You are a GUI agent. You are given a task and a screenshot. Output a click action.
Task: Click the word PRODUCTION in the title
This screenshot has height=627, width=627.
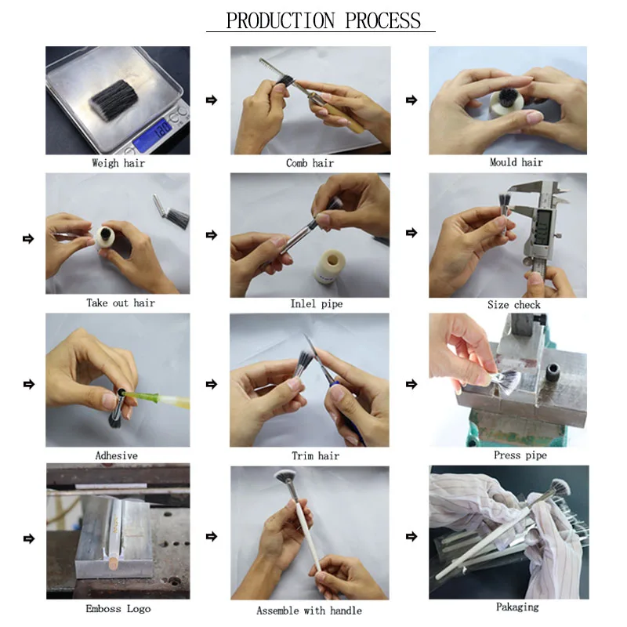[281, 20]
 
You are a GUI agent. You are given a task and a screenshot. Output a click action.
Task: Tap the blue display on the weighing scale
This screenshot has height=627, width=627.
[154, 134]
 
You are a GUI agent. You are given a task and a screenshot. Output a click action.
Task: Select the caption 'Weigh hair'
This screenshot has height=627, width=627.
[118, 163]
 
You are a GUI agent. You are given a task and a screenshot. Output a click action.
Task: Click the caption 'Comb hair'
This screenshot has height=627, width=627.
[310, 163]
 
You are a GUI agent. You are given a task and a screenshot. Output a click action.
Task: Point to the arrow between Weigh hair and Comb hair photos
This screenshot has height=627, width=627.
[212, 100]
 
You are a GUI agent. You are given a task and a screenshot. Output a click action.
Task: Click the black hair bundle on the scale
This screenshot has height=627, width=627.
[114, 100]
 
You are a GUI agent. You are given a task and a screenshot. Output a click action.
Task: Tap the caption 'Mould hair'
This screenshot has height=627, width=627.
[516, 162]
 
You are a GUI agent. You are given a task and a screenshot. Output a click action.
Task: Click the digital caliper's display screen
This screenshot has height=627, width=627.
[544, 227]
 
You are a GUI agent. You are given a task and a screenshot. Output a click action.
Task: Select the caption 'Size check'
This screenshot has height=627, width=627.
[514, 305]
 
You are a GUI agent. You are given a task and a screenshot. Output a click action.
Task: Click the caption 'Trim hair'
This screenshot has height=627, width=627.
[316, 456]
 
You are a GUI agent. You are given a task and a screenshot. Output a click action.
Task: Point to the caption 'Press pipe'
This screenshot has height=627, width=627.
[520, 455]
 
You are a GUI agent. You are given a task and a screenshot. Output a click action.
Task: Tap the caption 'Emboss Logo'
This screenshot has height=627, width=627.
[118, 609]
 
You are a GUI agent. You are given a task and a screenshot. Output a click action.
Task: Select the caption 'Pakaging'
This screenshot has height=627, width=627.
[517, 607]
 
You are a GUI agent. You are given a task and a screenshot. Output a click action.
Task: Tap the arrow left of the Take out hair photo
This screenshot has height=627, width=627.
[28, 239]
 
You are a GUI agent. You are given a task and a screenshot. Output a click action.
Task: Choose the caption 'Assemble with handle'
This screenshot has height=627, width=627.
[309, 611]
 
